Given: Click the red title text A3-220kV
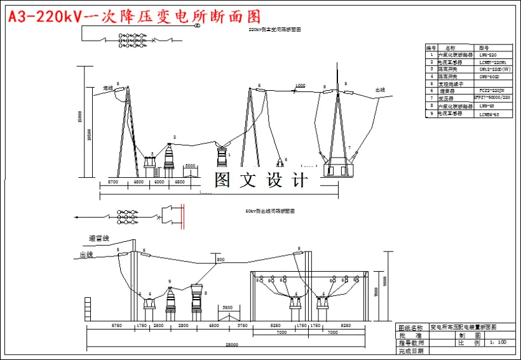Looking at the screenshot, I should coord(44,17).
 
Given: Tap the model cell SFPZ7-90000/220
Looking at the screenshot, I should coord(492,98).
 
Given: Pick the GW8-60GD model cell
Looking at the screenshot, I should coord(489,77).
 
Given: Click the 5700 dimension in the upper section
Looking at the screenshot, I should coord(112,182).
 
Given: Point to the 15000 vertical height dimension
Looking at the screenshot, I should coord(79,117).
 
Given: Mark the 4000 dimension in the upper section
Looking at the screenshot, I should coord(159,182).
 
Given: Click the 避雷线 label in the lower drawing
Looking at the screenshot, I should coord(99,238).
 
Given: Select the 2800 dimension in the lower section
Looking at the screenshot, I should coord(184,325).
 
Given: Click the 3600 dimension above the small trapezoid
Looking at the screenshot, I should coord(227,307).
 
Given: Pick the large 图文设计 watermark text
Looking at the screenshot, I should coord(260,180).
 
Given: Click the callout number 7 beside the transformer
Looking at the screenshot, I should coord(348,147).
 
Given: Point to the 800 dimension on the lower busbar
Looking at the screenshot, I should coord(220,260).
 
